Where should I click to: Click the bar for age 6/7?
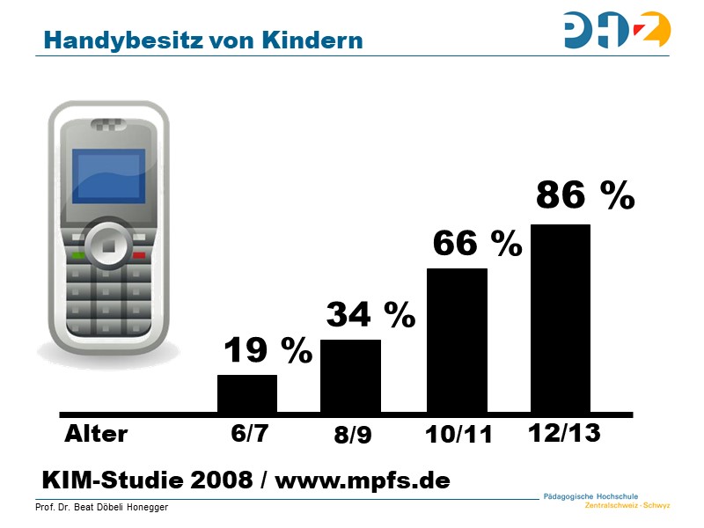coord(247,393)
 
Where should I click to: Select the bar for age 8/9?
coord(350,376)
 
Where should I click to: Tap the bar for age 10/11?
coord(457,340)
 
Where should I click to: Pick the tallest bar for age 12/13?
coord(561,318)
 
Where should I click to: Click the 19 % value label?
coord(268,351)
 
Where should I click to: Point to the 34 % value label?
coord(370,314)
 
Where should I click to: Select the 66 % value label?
coord(477,243)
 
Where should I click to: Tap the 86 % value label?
coord(585,196)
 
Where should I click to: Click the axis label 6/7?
coord(248,434)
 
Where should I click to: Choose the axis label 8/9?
coord(352,436)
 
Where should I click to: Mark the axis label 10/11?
coord(458,435)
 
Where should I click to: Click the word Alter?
coord(96,434)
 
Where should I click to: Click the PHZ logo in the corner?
coord(617,30)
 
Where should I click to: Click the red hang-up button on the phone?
coord(138,255)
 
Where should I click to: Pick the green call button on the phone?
coord(78,255)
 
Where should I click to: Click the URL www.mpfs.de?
coord(363,480)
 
